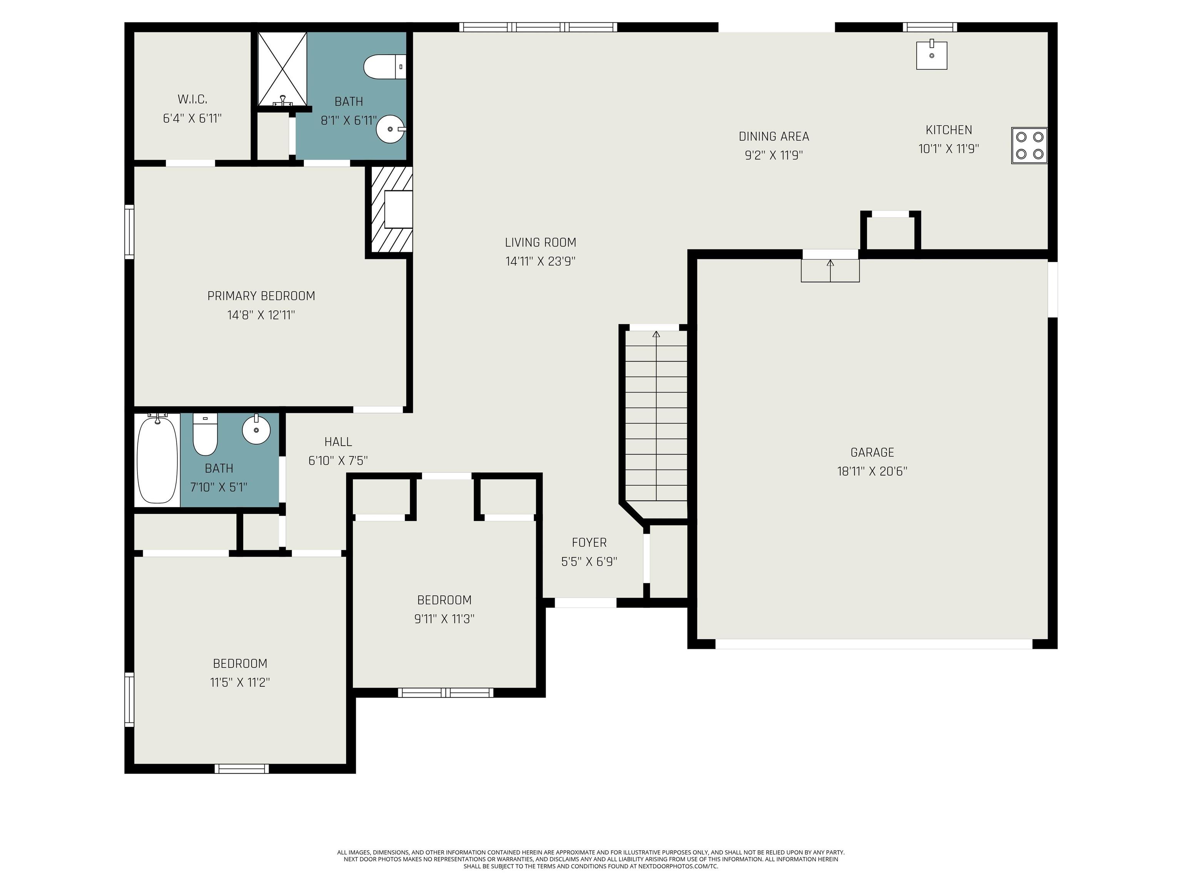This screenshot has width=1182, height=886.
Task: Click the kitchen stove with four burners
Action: click(1029, 145)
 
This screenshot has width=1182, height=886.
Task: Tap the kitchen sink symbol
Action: click(932, 55)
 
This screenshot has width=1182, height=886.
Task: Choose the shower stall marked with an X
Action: click(283, 69)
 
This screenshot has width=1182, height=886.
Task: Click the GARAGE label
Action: click(872, 452)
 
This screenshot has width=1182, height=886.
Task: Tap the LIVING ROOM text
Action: click(540, 243)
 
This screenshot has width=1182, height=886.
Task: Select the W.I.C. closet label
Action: click(192, 99)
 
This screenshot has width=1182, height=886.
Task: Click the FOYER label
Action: click(589, 543)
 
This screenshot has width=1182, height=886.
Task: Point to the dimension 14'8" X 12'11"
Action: click(261, 315)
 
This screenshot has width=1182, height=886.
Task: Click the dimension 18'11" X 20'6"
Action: click(872, 471)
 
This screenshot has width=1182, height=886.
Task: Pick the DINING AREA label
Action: click(774, 137)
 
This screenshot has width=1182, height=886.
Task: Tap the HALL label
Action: click(338, 442)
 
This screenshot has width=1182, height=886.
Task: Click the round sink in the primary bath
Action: click(391, 129)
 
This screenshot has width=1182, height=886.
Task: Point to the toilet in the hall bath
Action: click(205, 434)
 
